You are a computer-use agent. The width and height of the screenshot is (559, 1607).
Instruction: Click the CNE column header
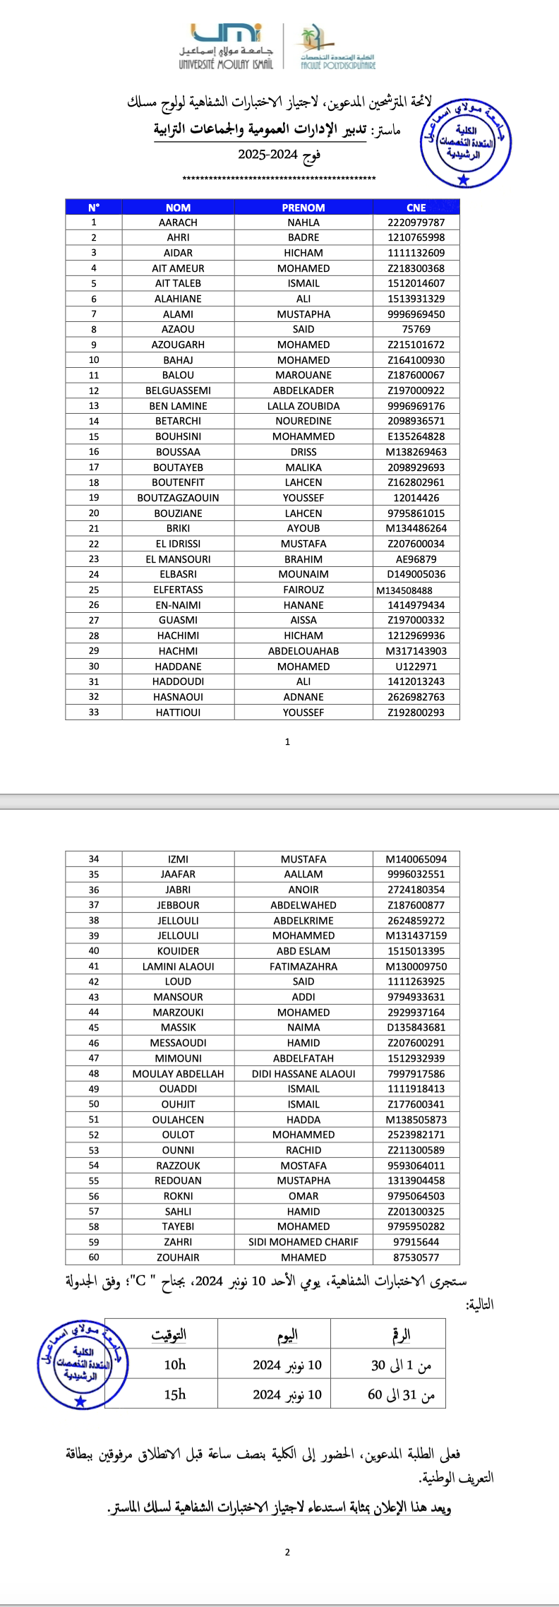click(x=416, y=207)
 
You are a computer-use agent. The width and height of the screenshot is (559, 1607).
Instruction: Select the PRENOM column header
click(x=303, y=207)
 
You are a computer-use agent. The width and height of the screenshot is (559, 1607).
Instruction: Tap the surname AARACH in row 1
click(x=178, y=222)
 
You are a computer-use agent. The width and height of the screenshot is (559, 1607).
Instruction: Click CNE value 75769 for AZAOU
click(x=416, y=329)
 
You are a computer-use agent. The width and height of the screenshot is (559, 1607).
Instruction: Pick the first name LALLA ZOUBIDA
click(x=303, y=406)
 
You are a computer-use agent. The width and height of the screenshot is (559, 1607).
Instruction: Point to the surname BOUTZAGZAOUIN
click(x=178, y=498)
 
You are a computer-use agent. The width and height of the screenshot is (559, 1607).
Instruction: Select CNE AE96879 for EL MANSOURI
click(x=416, y=559)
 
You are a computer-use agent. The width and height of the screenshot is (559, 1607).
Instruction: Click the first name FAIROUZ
click(x=303, y=590)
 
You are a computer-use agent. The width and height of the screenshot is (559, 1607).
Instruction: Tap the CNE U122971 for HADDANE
click(x=416, y=667)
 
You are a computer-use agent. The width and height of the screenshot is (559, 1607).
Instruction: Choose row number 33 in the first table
click(x=94, y=712)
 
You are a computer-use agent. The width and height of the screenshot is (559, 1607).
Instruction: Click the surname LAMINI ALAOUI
click(x=178, y=967)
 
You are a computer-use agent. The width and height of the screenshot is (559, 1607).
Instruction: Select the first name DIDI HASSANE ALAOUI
click(x=303, y=1074)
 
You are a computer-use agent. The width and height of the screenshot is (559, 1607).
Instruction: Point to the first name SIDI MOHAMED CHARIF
click(x=303, y=1242)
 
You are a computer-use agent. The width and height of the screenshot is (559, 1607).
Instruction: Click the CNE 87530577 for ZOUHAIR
click(x=416, y=1257)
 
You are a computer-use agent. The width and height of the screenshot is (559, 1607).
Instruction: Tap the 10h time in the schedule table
click(x=175, y=1365)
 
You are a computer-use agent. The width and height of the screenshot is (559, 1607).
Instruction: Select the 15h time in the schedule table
click(x=175, y=1394)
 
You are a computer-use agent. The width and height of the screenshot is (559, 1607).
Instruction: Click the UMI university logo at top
click(x=226, y=46)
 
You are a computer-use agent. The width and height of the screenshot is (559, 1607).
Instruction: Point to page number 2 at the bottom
click(x=287, y=1552)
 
